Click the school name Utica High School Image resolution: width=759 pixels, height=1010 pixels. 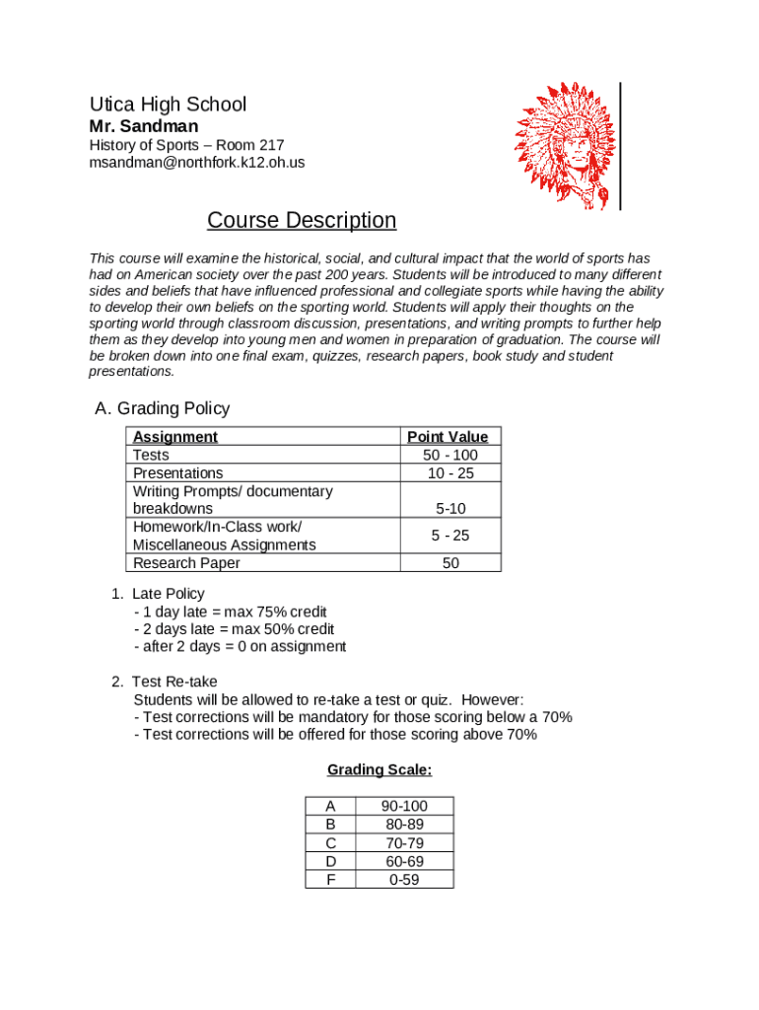pyautogui.click(x=168, y=105)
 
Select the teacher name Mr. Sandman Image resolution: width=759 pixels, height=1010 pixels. pyautogui.click(x=144, y=126)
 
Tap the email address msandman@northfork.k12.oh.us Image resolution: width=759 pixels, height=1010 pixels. pyautogui.click(x=197, y=163)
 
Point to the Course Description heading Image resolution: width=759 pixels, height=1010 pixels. pyautogui.click(x=302, y=220)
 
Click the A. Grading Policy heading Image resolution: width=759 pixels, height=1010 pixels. pyautogui.click(x=162, y=408)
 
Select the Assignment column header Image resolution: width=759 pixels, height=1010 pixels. pyautogui.click(x=175, y=437)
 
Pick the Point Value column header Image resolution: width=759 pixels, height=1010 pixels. pyautogui.click(x=448, y=437)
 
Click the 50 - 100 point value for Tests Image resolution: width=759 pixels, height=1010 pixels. pyautogui.click(x=449, y=455)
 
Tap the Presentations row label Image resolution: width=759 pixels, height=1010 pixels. pyautogui.click(x=178, y=473)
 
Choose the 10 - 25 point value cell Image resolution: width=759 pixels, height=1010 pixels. pyautogui.click(x=449, y=473)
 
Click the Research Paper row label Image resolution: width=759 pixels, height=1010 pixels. pyautogui.click(x=186, y=563)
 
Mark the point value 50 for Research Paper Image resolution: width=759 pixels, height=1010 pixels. pyautogui.click(x=450, y=563)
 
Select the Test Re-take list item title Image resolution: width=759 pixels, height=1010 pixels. pyautogui.click(x=173, y=682)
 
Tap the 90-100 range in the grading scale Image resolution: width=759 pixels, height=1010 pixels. pyautogui.click(x=405, y=807)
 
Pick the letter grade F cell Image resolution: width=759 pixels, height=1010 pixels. pyautogui.click(x=330, y=879)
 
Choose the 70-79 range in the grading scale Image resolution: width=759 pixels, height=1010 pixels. pyautogui.click(x=405, y=843)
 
